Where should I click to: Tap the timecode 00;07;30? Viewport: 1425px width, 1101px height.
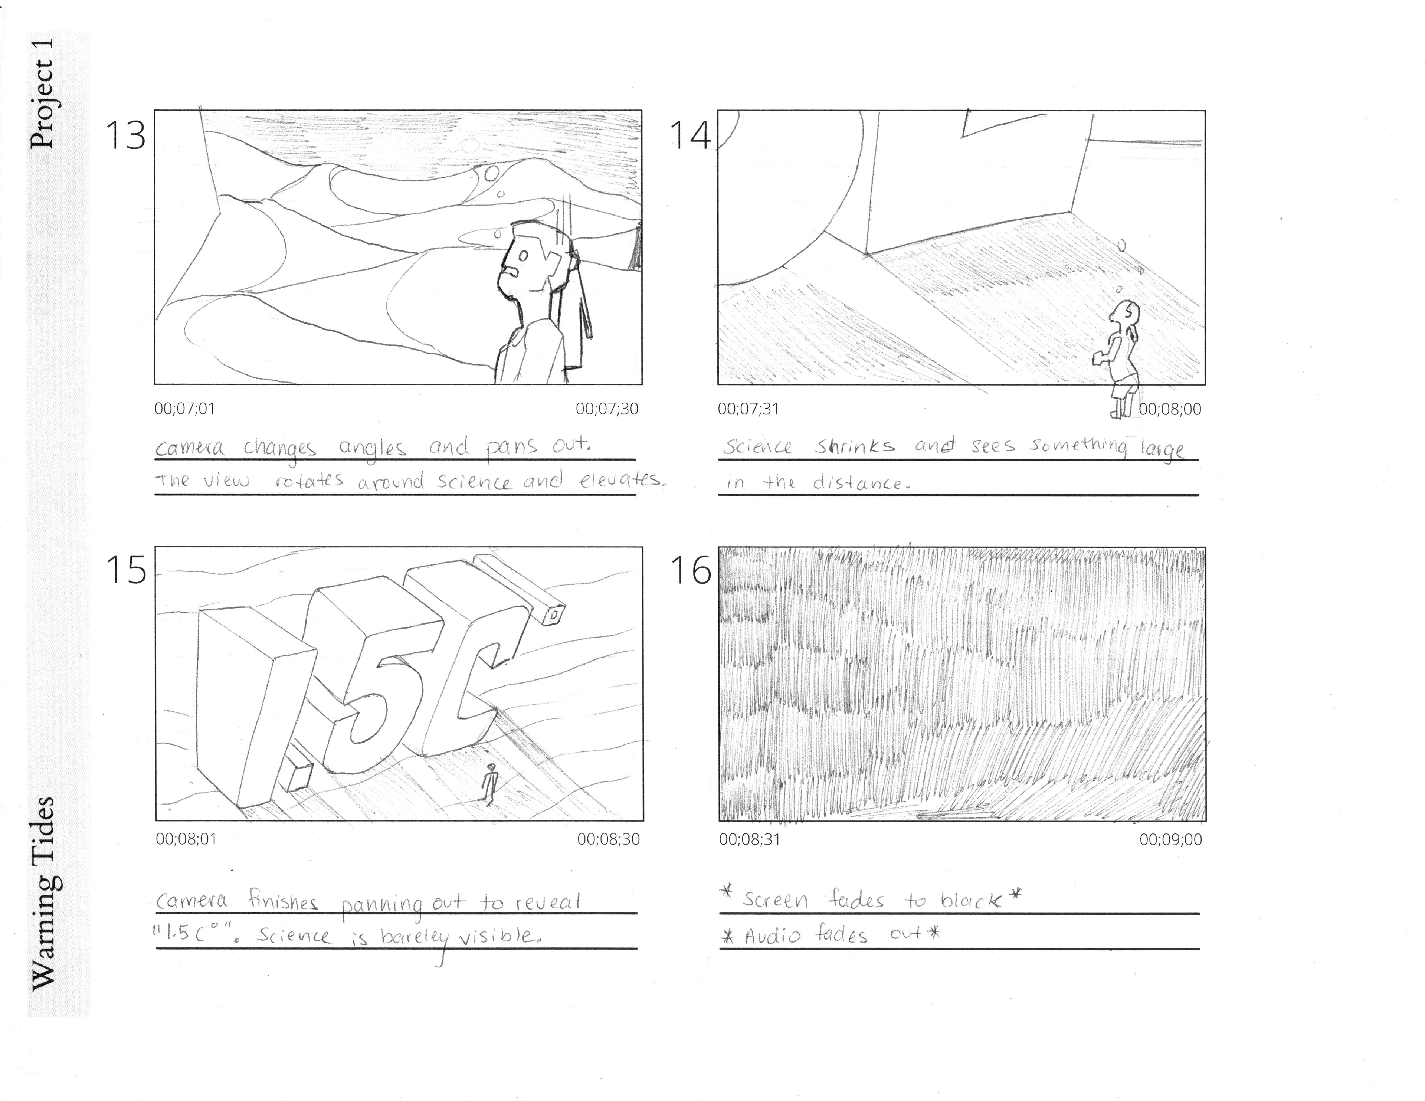click(x=607, y=409)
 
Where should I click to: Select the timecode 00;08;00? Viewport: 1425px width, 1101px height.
click(x=1170, y=409)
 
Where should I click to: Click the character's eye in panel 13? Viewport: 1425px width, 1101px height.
click(x=522, y=256)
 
